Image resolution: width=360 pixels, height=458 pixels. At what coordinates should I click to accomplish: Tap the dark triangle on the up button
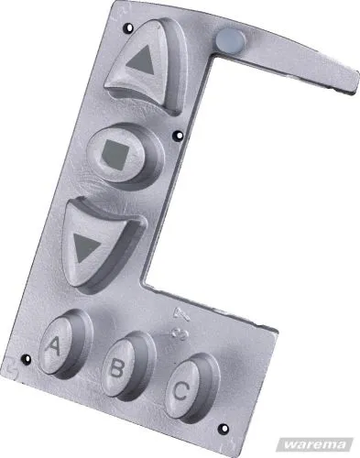[142, 61]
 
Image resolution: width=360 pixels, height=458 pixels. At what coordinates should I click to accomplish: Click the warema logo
[314, 442]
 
